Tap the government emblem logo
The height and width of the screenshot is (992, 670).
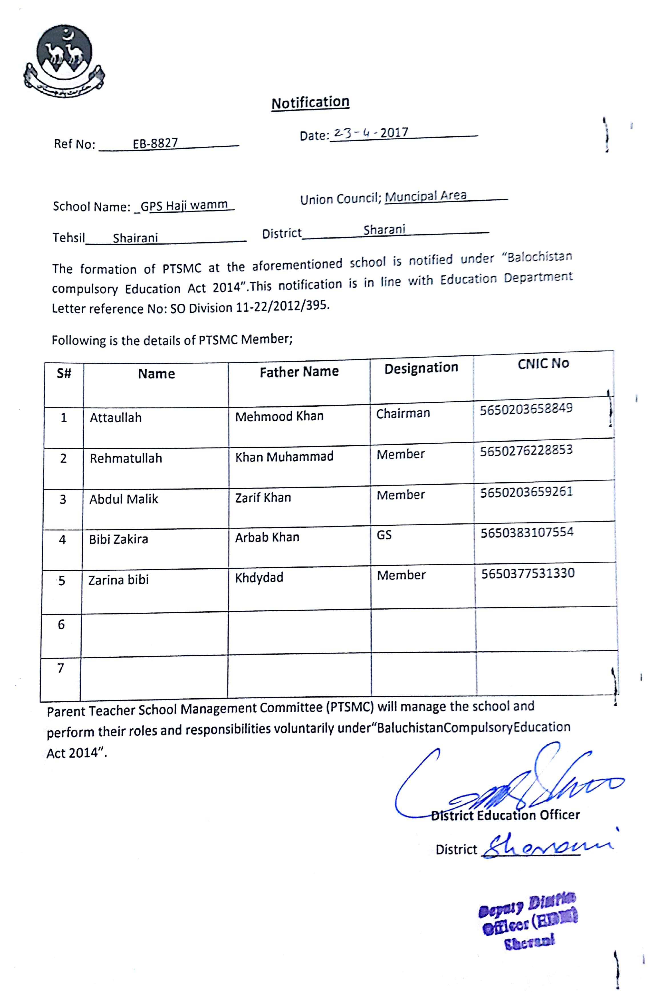click(64, 60)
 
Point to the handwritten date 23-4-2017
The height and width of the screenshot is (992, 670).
click(371, 133)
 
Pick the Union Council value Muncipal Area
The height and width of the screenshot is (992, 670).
click(425, 196)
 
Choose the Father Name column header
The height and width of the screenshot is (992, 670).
click(299, 372)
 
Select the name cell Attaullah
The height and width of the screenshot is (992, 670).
click(115, 418)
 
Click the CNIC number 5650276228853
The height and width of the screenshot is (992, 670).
click(526, 450)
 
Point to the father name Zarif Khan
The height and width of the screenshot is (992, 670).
click(263, 498)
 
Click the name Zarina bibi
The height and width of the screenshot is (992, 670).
click(118, 580)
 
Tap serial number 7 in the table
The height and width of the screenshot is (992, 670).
click(60, 668)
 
